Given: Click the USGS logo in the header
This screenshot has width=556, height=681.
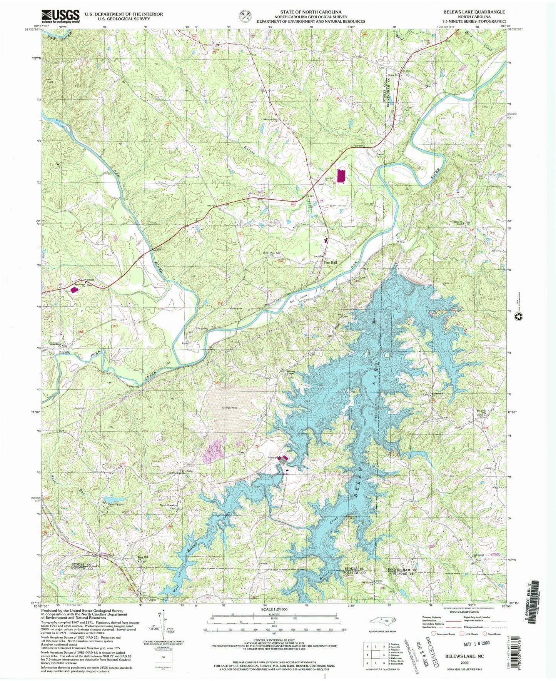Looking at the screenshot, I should pos(60,17).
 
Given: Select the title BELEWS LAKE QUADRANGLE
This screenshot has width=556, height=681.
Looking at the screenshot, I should pos(474,12).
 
